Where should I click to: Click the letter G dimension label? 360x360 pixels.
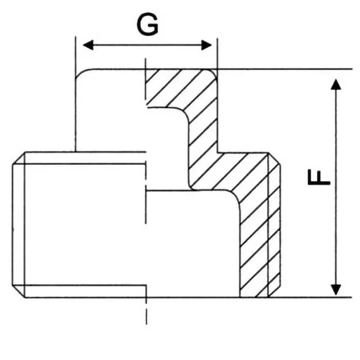point(148,24)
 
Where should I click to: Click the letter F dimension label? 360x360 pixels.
point(319,177)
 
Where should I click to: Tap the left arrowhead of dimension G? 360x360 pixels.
point(88,45)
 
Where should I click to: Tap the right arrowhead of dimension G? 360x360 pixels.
point(207,45)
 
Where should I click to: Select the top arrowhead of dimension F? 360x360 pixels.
point(336,84)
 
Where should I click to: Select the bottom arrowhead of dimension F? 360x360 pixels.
point(336,290)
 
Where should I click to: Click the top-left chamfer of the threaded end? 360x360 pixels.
point(18,158)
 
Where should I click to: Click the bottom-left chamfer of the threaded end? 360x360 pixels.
point(18,291)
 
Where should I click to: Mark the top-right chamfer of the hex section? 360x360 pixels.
point(274,159)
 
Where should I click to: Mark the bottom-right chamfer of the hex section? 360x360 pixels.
point(274,292)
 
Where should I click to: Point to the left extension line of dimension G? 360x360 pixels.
point(76,94)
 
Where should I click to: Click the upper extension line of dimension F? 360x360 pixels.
point(285,69)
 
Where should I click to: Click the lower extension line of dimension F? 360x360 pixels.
point(310,297)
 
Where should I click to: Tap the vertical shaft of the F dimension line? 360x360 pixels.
point(336,187)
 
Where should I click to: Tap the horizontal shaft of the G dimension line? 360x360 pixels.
point(147,45)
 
